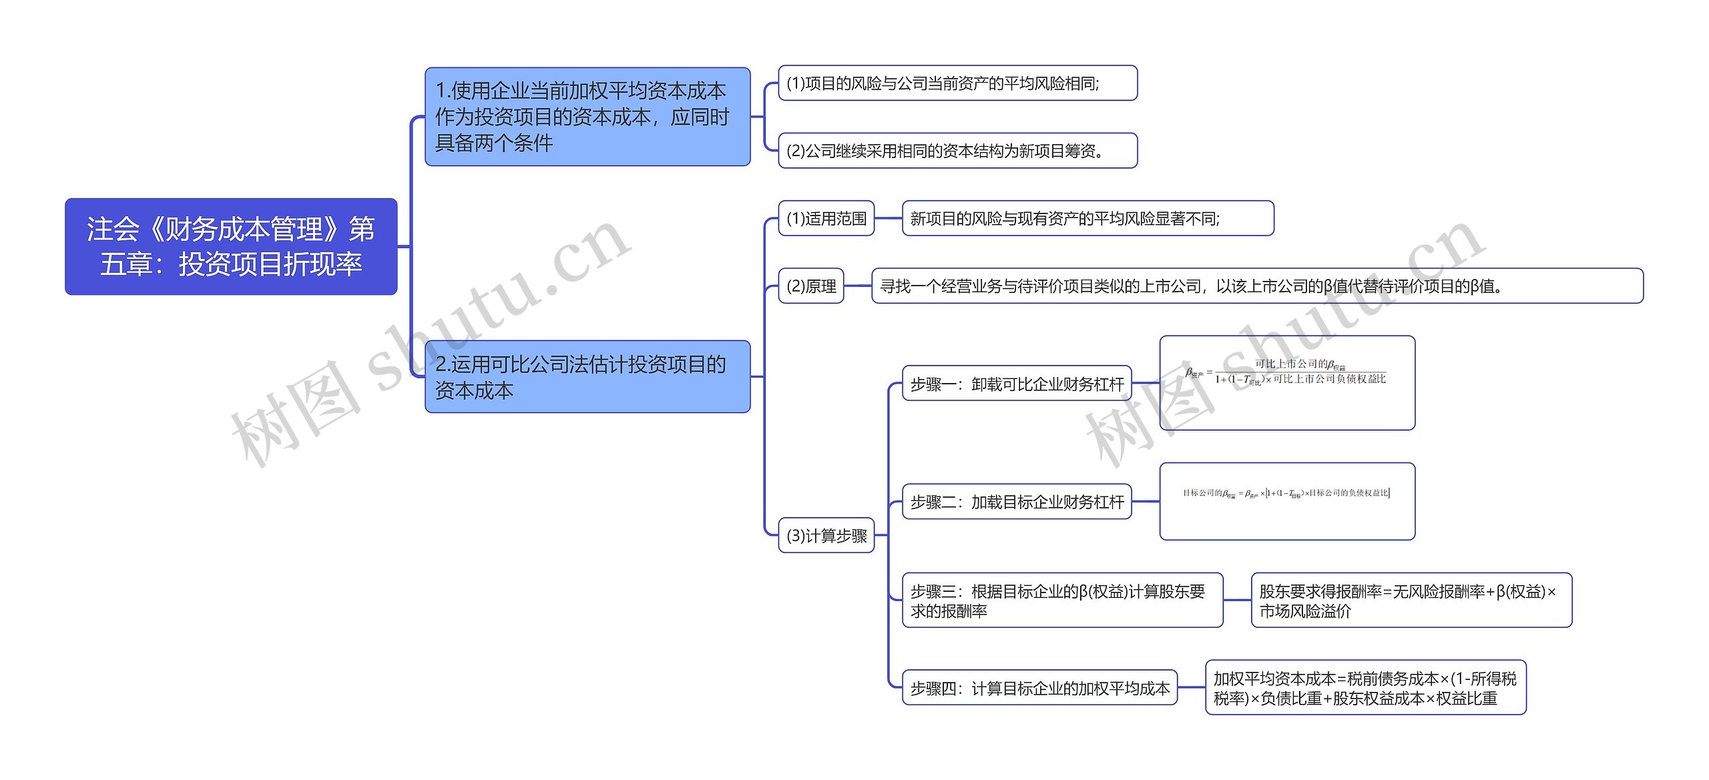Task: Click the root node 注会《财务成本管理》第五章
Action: [x=231, y=246]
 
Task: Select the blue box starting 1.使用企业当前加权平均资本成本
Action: [x=587, y=117]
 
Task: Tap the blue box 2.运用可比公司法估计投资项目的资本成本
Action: [x=587, y=377]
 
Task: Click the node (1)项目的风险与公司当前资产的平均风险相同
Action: [x=957, y=83]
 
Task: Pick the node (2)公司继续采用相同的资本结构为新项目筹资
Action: [x=957, y=151]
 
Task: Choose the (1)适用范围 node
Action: [x=826, y=218]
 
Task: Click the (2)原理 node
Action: [x=811, y=286]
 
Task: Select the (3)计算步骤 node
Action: [x=826, y=535]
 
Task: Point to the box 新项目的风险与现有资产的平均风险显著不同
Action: [x=1087, y=218]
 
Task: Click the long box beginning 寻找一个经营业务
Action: [x=1257, y=286]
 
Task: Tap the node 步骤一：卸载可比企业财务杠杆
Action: [x=1017, y=384]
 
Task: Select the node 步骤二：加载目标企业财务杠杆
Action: [x=1017, y=502]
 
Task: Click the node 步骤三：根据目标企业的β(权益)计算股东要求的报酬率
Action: [x=1062, y=601]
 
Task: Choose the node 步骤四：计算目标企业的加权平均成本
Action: [x=1039, y=688]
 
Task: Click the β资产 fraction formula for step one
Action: [x=1286, y=373]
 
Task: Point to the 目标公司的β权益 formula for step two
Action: [x=1286, y=494]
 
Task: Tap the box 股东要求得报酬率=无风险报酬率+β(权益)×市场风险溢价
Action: [x=1411, y=601]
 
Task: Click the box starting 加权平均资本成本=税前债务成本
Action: [x=1365, y=688]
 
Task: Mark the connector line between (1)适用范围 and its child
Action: [x=888, y=218]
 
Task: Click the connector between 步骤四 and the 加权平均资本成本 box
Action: [x=1191, y=688]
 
